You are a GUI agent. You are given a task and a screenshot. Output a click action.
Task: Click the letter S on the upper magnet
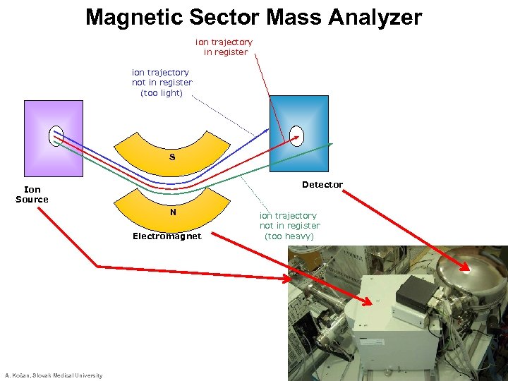pyautogui.click(x=172, y=157)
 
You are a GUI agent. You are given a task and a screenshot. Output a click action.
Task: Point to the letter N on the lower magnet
pyautogui.click(x=173, y=212)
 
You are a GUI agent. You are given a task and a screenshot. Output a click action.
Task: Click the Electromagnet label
pyautogui.click(x=167, y=236)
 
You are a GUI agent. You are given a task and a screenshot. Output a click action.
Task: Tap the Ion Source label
pyautogui.click(x=32, y=194)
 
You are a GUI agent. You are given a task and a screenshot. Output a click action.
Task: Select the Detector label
pyautogui.click(x=322, y=185)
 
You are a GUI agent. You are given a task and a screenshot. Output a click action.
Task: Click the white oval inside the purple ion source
pyautogui.click(x=56, y=135)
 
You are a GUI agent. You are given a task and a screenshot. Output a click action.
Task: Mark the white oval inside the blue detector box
pyautogui.click(x=297, y=135)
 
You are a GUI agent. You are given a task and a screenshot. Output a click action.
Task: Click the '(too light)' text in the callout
pyautogui.click(x=162, y=93)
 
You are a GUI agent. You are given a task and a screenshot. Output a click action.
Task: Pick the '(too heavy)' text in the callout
pyautogui.click(x=289, y=236)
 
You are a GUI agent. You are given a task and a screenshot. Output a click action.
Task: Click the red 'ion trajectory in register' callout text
pyautogui.click(x=224, y=47)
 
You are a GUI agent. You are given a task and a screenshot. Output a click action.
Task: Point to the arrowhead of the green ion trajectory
pyautogui.click(x=329, y=145)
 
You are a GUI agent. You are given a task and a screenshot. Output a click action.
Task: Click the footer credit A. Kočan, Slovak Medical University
pyautogui.click(x=54, y=375)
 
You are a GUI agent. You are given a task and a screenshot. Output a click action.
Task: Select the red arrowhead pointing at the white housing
pyautogui.click(x=368, y=303)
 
